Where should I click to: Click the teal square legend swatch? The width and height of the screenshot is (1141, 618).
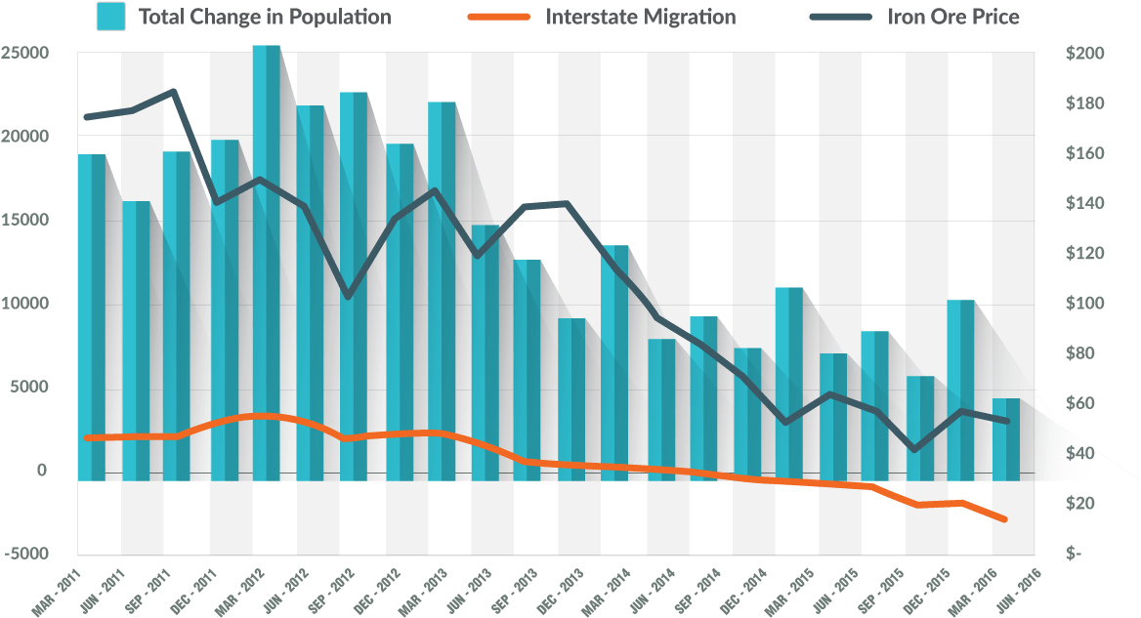tap(110, 17)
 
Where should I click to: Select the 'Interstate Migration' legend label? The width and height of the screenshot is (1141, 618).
tap(641, 17)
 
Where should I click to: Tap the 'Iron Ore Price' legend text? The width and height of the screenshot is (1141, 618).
tap(953, 17)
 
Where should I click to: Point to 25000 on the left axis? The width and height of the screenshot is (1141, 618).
tap(26, 53)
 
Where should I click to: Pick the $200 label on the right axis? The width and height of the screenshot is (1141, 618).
tap(1085, 53)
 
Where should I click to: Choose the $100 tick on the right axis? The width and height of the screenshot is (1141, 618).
tap(1085, 304)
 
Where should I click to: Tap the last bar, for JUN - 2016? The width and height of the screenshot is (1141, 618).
tap(1006, 439)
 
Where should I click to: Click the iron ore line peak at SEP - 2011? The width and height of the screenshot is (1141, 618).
tap(173, 92)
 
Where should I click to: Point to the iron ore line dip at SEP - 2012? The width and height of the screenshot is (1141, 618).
tap(348, 296)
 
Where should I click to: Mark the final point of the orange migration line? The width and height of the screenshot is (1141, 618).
tap(1004, 519)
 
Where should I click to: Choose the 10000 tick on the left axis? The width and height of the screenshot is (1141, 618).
tap(26, 304)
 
